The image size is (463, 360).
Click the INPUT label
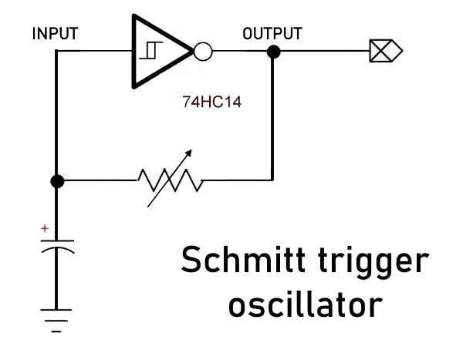[x=55, y=34]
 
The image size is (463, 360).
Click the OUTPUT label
[x=272, y=34]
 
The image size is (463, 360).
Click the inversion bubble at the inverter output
[x=202, y=52]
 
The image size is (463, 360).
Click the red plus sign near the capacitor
[x=45, y=229]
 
